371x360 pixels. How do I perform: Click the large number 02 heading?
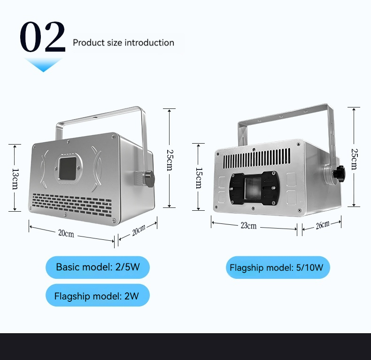(x=43, y=37)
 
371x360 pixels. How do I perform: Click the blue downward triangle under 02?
(x=44, y=65)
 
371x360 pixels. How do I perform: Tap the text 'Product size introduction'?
(x=124, y=43)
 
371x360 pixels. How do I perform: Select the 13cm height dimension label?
(x=15, y=179)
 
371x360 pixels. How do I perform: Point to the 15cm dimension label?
(x=199, y=178)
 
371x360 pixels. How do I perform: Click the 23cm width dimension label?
(x=248, y=226)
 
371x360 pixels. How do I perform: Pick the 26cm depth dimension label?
(x=323, y=225)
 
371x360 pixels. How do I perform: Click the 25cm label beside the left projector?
(x=170, y=160)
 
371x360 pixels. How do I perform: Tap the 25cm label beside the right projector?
(x=354, y=159)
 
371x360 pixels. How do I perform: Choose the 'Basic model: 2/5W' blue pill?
(x=98, y=267)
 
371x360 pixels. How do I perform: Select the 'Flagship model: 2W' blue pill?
(x=98, y=295)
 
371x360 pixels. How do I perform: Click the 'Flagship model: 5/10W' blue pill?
(x=278, y=268)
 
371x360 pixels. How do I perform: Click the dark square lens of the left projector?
(x=68, y=169)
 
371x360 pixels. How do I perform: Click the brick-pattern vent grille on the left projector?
(x=71, y=205)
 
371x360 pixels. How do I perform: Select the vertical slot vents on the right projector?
(x=257, y=158)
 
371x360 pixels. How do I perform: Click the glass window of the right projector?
(x=253, y=188)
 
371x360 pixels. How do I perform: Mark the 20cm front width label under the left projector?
(x=66, y=233)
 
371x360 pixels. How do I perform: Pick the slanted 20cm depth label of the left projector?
(x=139, y=230)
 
